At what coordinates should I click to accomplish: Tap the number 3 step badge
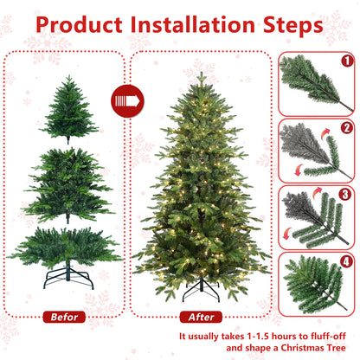pyautogui.click(x=345, y=195)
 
